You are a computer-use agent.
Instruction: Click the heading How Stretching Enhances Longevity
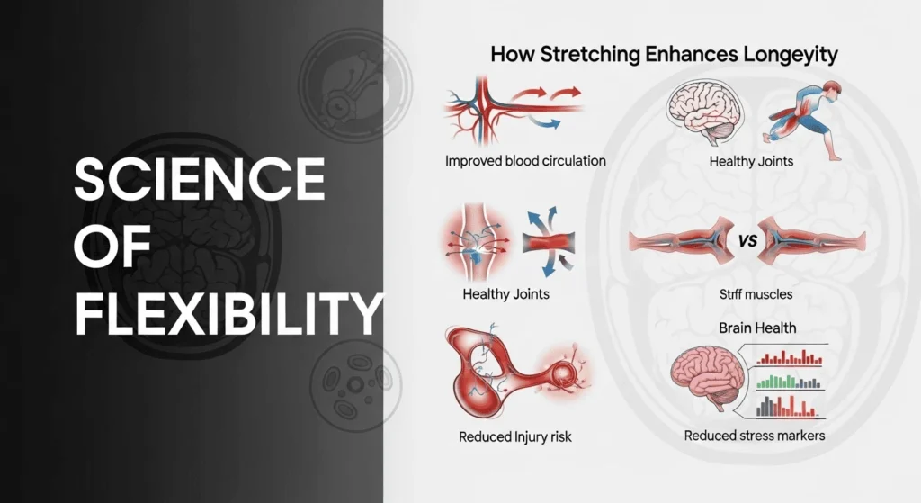coord(664,55)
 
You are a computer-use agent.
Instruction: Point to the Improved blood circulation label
coord(525,161)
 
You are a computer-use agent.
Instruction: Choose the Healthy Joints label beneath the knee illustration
coord(506,294)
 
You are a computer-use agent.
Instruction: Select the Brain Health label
coord(756,328)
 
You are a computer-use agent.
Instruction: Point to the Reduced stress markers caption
coord(754,436)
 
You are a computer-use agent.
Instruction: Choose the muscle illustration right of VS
coord(809,241)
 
